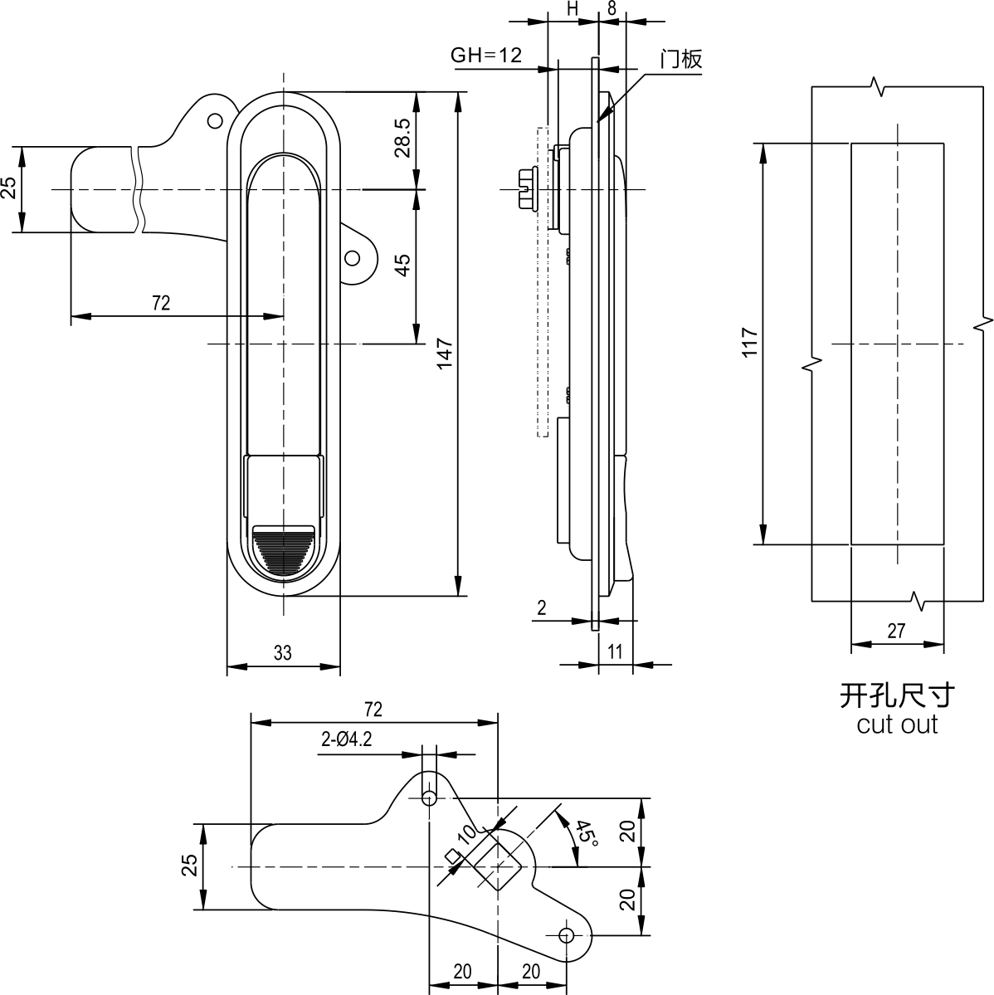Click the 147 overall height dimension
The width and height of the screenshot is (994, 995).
pos(444,354)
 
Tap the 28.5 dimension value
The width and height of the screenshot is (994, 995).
pos(402,137)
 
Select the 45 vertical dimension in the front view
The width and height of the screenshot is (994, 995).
pos(402,265)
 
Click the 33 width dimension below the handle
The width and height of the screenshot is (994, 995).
pos(282,652)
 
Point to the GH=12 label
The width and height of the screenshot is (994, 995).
pos(486,56)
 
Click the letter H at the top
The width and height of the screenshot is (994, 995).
pos(573,8)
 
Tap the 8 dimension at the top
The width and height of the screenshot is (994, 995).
pos(612,8)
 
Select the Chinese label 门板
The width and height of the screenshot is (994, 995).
pos(681,59)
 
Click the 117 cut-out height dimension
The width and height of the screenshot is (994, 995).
pos(750,343)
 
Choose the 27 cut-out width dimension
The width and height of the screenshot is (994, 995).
pos(896,631)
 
